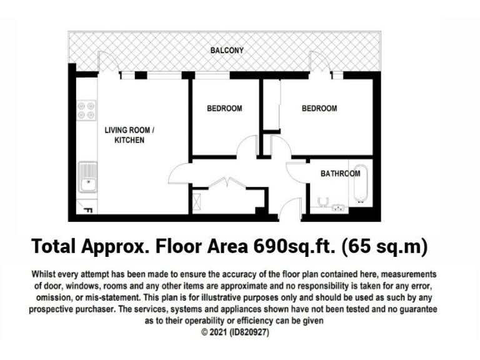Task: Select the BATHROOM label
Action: pos(341,174)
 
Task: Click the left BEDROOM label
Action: pos(224,109)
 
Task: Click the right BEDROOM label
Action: pos(319,109)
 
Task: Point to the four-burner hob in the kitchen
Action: pos(86,111)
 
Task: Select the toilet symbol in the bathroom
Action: pos(323,201)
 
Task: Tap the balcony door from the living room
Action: pos(107,62)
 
